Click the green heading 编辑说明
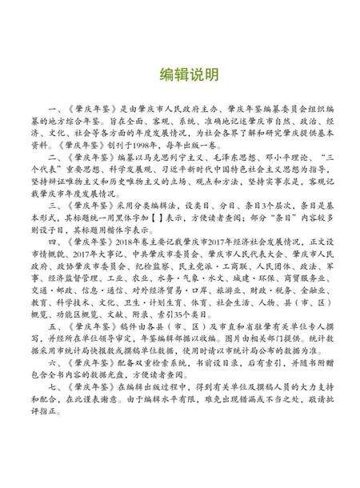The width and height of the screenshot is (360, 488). tap(180, 74)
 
